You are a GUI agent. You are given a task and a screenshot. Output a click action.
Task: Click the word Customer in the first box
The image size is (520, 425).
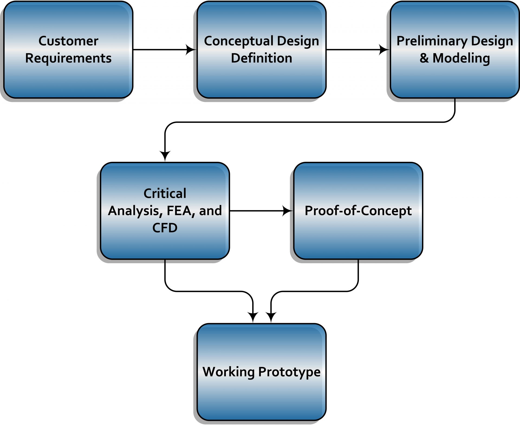tap(68, 41)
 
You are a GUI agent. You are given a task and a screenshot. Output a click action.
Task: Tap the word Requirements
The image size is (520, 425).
tap(68, 58)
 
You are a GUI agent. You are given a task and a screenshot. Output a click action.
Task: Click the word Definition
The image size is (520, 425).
tap(261, 58)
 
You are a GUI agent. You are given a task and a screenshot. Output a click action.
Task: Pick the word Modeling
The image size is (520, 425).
tap(461, 58)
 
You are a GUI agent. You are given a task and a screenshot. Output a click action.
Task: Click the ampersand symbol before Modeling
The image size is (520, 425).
tap(424, 58)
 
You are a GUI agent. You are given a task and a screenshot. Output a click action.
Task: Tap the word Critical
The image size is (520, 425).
tap(165, 194)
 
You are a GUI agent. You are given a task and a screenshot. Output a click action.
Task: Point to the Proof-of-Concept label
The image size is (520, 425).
tap(358, 211)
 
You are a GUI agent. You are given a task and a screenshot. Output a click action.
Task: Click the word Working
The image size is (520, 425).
tap(229, 372)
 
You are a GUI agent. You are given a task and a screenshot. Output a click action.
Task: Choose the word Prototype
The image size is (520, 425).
tap(289, 372)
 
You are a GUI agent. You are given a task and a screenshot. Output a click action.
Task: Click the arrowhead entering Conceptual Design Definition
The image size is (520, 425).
tap(191, 50)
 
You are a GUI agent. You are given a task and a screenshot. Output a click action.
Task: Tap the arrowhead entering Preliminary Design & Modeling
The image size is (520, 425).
tap(384, 50)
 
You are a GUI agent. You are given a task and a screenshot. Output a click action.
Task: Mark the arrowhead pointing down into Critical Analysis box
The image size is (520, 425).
tap(165, 156)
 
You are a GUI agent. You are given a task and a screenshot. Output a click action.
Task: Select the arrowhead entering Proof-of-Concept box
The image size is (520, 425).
tap(287, 211)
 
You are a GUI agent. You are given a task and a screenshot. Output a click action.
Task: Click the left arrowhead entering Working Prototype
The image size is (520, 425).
tap(253, 317)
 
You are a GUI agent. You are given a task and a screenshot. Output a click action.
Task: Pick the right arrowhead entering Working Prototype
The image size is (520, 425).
tap(271, 317)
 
